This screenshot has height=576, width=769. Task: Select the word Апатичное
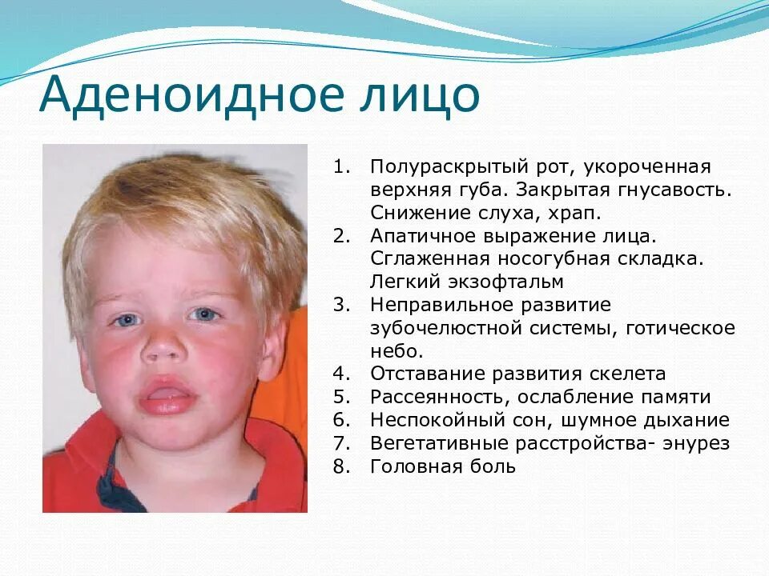pyautogui.click(x=420, y=237)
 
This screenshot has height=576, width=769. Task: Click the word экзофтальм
pyautogui.click(x=512, y=282)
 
